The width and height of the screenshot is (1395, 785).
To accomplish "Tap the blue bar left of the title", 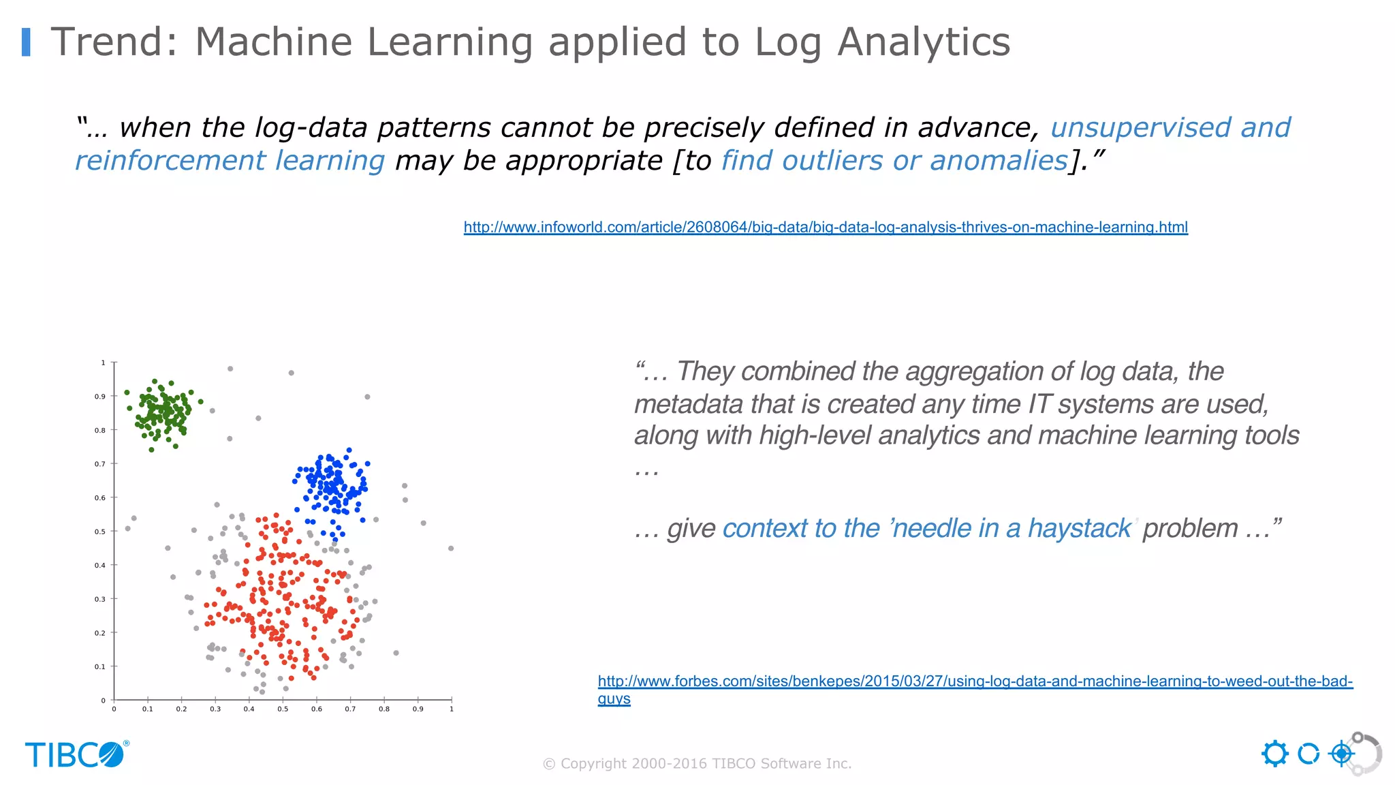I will click(27, 42).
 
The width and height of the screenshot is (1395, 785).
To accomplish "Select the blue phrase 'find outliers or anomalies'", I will click(894, 161).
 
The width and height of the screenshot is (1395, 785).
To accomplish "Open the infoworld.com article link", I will click(826, 227).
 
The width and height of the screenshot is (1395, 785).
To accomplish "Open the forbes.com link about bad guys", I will click(975, 681).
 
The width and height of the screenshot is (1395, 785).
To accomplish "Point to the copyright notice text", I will click(697, 764).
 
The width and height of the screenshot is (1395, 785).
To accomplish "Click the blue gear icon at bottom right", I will click(1274, 754).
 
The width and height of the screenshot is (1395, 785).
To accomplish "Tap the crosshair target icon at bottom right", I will click(1341, 754).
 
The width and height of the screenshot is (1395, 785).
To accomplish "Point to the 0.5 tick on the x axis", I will click(283, 709).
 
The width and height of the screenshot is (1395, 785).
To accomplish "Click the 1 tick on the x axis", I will click(452, 709).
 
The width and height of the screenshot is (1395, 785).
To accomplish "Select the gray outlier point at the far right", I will click(451, 549).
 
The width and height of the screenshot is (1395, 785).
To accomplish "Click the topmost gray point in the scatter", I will click(230, 369).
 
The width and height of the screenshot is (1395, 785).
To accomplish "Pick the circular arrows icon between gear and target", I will click(1308, 754).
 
